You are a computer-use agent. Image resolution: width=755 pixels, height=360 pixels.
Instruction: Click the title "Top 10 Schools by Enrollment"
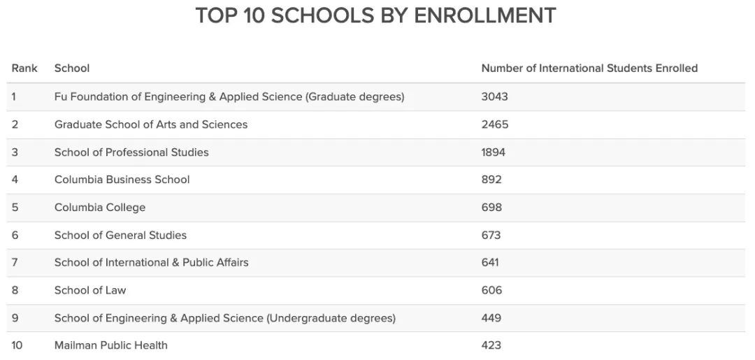click(375, 15)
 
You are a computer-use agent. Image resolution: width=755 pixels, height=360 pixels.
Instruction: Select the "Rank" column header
click(24, 68)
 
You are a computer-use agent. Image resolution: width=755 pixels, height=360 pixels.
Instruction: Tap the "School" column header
click(72, 68)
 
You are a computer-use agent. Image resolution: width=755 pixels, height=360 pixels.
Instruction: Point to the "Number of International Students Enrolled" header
click(589, 68)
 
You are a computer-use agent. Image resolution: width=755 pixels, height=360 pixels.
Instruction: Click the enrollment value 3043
click(494, 96)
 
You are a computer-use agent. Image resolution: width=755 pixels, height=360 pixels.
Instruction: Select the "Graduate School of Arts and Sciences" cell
click(151, 124)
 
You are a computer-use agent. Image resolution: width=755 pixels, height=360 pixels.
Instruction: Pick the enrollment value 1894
click(493, 152)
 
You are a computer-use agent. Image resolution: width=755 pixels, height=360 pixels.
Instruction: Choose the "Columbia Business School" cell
click(122, 180)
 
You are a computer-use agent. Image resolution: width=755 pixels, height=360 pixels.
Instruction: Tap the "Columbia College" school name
click(100, 208)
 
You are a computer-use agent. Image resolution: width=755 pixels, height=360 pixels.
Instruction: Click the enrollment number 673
click(491, 235)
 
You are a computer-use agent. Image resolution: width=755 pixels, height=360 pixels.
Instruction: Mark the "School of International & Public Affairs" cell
click(152, 263)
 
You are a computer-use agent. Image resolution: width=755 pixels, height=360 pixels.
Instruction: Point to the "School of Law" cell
click(90, 290)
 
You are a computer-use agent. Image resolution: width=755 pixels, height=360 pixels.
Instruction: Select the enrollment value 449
click(491, 318)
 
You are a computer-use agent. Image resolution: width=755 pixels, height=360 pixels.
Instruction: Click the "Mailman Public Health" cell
click(111, 345)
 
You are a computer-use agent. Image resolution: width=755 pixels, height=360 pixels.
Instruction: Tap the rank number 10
click(17, 345)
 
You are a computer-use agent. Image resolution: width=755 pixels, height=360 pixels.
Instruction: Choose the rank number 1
click(13, 96)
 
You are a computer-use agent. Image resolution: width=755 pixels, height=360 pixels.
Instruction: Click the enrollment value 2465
click(494, 124)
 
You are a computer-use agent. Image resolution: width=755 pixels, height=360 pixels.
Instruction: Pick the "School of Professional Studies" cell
click(131, 152)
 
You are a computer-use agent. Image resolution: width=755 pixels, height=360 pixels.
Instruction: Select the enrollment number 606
click(491, 290)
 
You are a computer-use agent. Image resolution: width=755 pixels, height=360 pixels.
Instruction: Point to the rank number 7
click(15, 263)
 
